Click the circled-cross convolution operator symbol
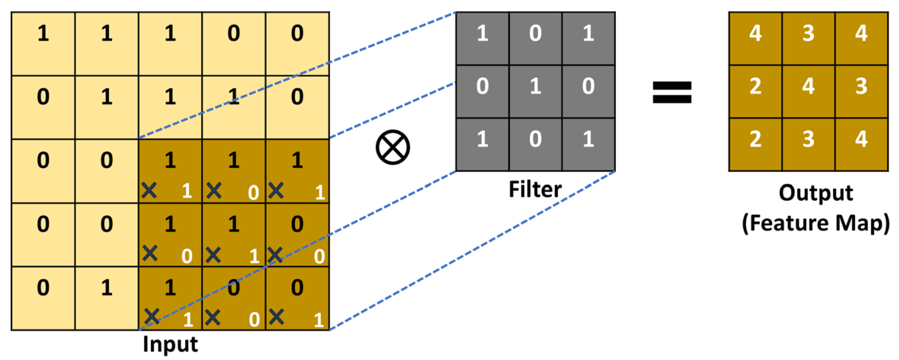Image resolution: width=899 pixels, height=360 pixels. [393, 147]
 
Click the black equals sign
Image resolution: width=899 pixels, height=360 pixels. [672, 92]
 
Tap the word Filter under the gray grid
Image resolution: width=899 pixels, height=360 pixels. [535, 189]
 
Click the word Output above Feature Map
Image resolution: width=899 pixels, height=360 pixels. [816, 193]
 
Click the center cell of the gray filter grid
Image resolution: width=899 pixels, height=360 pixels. [535, 91]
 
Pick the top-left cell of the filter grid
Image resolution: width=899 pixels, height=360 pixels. [482, 38]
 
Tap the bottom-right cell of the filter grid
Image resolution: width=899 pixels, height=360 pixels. [588, 144]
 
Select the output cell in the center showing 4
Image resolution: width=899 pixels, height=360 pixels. [808, 91]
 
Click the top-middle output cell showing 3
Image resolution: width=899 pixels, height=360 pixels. [808, 38]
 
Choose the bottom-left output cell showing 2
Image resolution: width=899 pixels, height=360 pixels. [755, 144]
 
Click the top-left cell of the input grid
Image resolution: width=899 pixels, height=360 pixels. [43, 44]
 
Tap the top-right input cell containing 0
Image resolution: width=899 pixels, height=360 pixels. [297, 44]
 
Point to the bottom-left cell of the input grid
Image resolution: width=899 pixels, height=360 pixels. [43, 298]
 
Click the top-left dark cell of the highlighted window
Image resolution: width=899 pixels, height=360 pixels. [170, 171]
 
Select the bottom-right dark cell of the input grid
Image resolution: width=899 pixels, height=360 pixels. [297, 298]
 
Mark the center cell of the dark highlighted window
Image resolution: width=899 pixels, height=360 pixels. [234, 235]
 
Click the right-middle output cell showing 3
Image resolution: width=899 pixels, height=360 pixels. [861, 91]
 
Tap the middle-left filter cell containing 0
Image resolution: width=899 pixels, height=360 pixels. [482, 91]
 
